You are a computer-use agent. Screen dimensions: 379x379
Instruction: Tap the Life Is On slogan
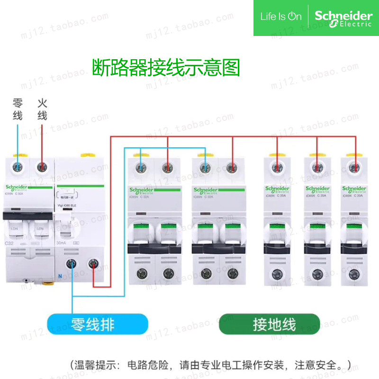pyautogui.click(x=280, y=17)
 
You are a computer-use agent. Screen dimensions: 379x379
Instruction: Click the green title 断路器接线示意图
pyautogui.click(x=166, y=68)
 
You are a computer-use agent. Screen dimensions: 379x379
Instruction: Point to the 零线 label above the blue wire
pyautogui.click(x=18, y=109)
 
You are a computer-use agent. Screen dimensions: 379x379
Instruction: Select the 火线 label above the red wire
pyautogui.click(x=42, y=109)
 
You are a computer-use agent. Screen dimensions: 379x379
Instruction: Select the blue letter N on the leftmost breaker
pyautogui.click(x=60, y=276)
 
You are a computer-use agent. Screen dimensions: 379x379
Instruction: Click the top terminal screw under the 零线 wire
pyautogui.click(x=18, y=167)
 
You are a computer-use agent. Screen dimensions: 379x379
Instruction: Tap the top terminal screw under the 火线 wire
pyautogui.click(x=42, y=167)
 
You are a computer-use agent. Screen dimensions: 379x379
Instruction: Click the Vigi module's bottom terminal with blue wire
pyautogui.click(x=72, y=264)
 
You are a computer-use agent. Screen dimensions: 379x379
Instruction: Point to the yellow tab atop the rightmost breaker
pyautogui.click(x=353, y=155)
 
